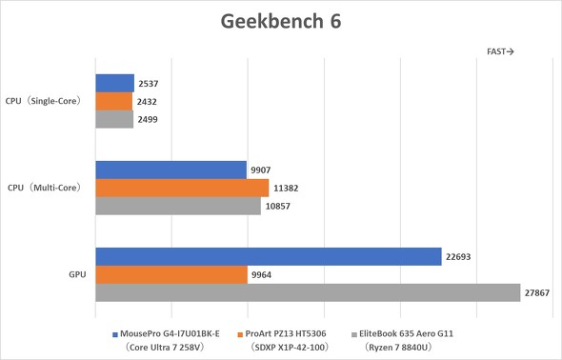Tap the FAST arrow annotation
click(501, 51)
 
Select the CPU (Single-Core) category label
click(45, 100)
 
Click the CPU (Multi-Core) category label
click(43, 188)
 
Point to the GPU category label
click(78, 274)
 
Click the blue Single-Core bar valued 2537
click(114, 83)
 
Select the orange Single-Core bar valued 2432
click(113, 101)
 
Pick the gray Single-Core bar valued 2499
click(114, 119)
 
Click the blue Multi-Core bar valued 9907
click(171, 170)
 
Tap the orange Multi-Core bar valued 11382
click(182, 189)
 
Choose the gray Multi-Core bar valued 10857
click(178, 206)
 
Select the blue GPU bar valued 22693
click(268, 257)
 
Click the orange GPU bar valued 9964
click(171, 275)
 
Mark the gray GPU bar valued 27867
click(308, 293)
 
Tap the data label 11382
click(287, 189)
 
